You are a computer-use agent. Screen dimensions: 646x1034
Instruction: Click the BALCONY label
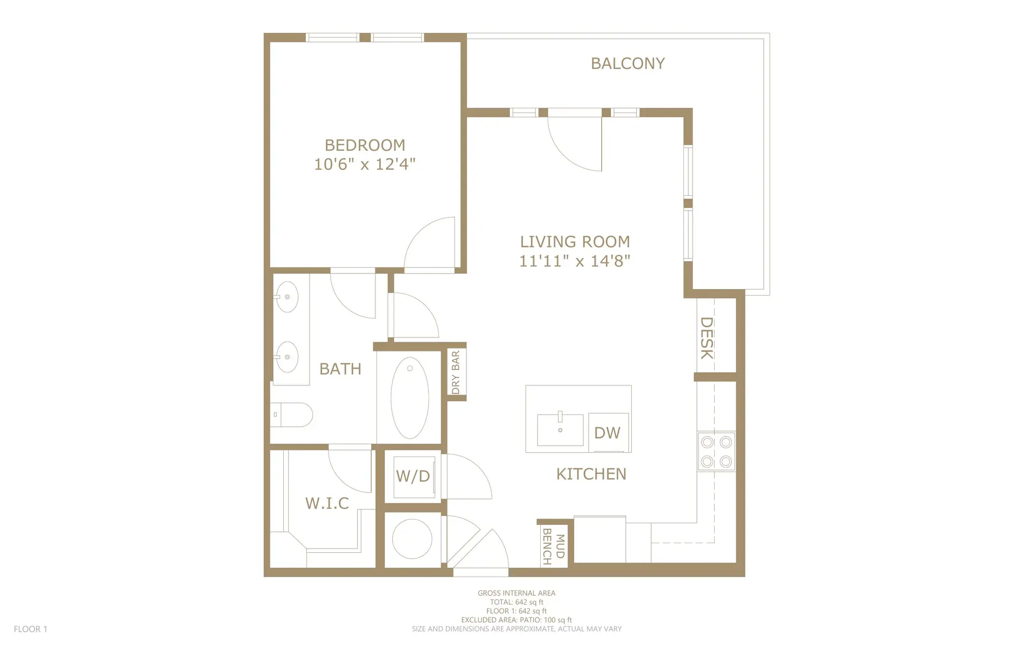pos(627,64)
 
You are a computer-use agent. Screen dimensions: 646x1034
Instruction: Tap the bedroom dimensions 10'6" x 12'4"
pos(365,164)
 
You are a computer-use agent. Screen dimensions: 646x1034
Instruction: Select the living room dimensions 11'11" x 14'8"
pos(574,261)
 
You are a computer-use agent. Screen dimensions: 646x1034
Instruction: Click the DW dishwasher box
pos(608,432)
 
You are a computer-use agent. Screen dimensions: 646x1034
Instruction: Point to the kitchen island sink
pos(560,430)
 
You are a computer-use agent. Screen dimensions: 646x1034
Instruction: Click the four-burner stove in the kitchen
pos(716,451)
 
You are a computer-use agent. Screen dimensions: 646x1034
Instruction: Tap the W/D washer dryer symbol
pos(413,476)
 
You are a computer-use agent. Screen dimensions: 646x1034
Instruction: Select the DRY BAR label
pos(456,372)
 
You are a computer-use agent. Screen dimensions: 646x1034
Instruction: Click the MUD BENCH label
pos(554,546)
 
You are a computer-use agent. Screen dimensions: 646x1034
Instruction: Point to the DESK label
pos(707,338)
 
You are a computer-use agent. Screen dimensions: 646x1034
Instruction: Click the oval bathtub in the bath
pos(410,397)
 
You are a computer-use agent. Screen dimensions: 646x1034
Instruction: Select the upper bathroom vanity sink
pos(287,297)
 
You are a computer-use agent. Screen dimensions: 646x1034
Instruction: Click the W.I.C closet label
pos(327,503)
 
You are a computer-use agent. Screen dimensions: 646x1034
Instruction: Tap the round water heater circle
pos(412,539)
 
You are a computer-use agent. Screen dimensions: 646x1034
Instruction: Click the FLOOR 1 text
pos(31,629)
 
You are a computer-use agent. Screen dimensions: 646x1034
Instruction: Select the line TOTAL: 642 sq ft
pos(516,602)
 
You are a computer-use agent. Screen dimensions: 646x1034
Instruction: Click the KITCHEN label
pos(591,474)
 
